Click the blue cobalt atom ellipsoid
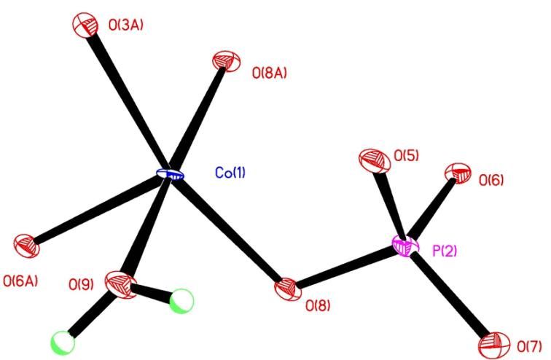point(171,175)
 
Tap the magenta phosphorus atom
point(406,246)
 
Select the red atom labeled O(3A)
point(83,24)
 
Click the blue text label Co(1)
point(230,173)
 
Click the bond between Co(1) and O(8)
point(230,232)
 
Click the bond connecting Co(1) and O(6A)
point(98,210)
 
